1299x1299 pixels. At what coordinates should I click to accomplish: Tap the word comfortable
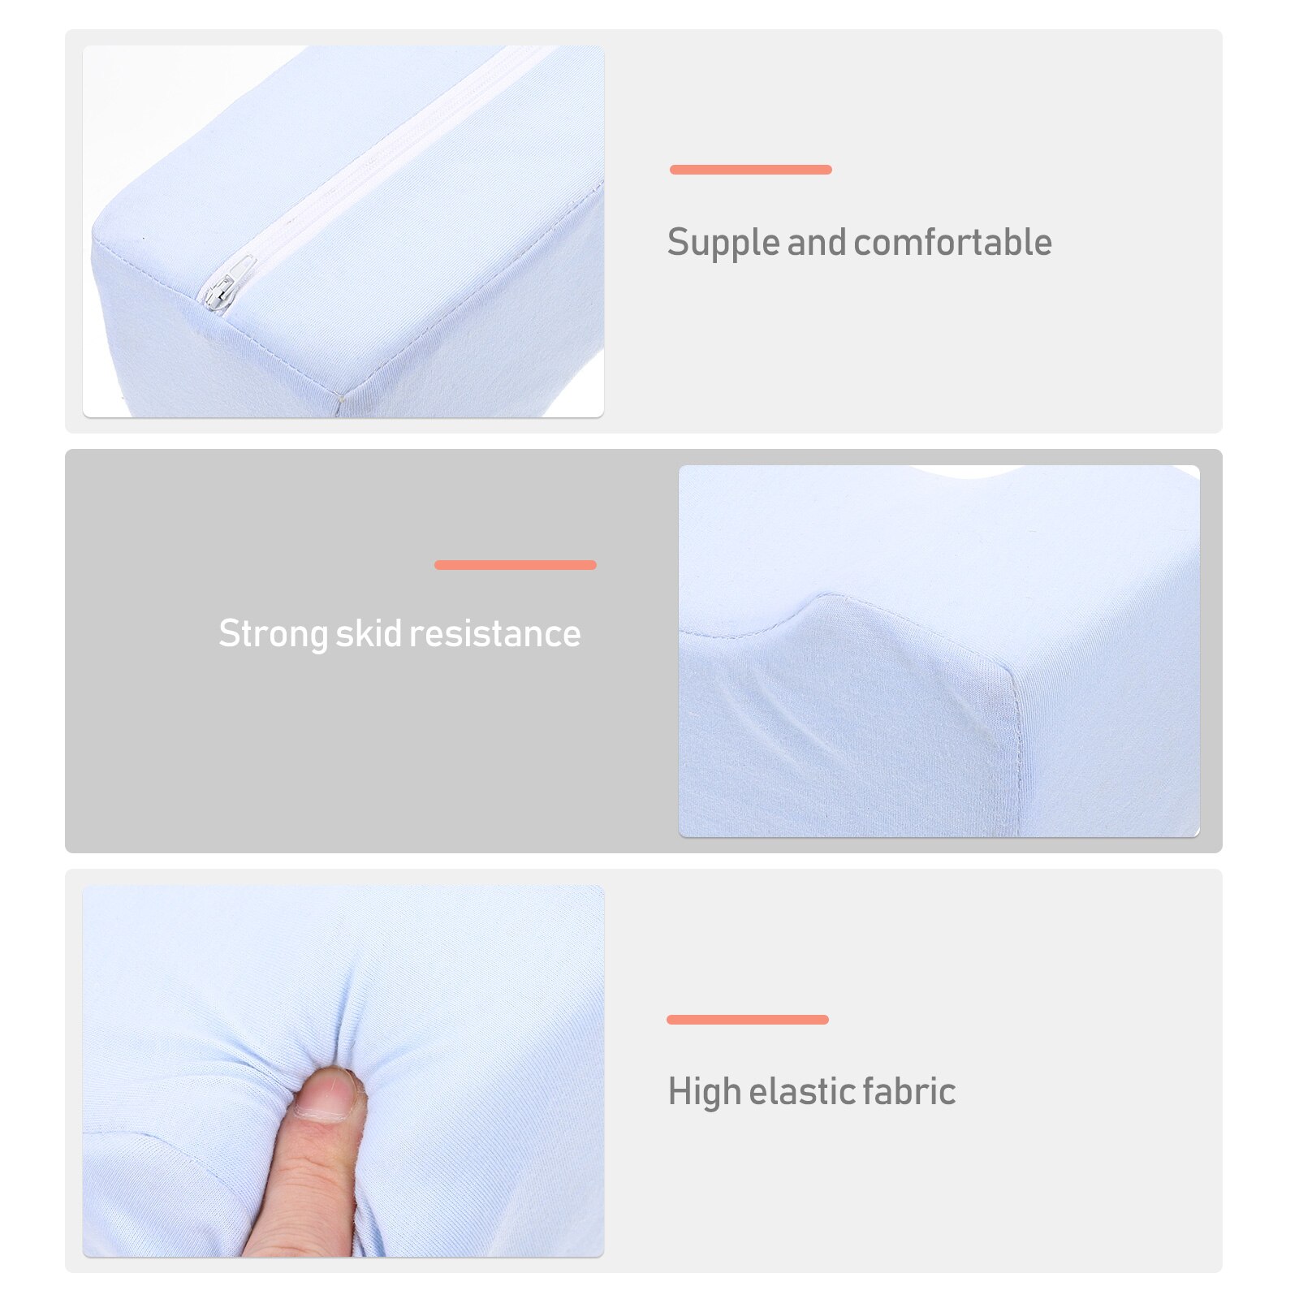pyautogui.click(x=952, y=242)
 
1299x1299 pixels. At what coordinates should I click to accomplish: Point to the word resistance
pyautogui.click(x=495, y=633)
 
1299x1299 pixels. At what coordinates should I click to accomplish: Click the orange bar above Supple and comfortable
pyautogui.click(x=751, y=170)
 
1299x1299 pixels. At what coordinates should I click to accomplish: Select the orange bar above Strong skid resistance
pyautogui.click(x=516, y=565)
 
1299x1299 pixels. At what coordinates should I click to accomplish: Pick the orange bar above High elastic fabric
pyautogui.click(x=748, y=1020)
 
